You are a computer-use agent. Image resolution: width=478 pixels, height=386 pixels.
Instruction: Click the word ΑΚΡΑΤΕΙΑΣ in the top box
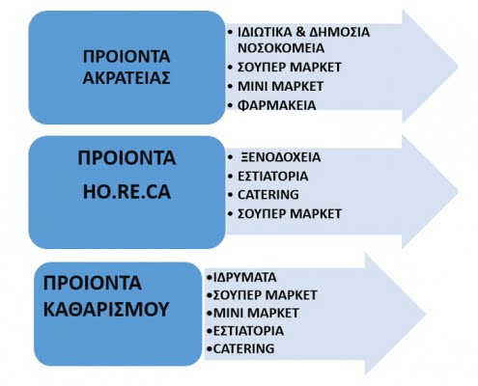point(127,77)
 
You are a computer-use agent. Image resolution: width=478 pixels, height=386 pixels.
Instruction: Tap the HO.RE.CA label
point(127,192)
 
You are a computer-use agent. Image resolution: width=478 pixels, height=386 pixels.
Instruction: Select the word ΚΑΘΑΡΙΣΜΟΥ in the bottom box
point(106,309)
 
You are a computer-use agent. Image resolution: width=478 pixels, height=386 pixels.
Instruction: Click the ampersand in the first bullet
point(300,32)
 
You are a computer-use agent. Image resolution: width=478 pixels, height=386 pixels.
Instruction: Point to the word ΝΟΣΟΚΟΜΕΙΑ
point(281,48)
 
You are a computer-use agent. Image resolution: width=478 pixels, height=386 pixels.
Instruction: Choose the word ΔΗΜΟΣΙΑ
point(339,32)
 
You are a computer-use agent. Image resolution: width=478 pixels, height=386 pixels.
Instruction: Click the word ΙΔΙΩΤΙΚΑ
point(265,32)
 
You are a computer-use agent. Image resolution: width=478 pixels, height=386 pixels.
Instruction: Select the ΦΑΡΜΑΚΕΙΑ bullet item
point(276,105)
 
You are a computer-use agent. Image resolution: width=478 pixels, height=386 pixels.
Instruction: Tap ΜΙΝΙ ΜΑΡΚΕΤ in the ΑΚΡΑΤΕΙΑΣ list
point(280,86)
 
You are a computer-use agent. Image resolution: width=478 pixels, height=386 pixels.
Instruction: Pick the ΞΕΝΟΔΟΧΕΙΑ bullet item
point(281,157)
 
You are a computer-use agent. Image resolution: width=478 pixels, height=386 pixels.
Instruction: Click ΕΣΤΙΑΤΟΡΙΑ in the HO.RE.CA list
point(272,177)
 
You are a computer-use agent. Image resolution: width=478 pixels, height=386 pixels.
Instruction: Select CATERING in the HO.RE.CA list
point(268,195)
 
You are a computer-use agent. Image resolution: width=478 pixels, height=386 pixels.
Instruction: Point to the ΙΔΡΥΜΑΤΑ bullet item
point(245,277)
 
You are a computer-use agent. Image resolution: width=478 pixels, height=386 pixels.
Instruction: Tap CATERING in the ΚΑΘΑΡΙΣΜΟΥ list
point(244,348)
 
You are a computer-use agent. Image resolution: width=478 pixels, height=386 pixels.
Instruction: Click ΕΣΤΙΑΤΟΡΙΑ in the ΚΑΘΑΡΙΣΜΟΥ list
point(248,331)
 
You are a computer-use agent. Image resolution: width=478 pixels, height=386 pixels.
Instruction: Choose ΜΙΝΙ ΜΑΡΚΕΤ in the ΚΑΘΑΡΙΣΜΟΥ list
point(256,313)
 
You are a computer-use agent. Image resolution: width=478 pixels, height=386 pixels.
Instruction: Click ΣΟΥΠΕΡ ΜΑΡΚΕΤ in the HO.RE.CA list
point(290,214)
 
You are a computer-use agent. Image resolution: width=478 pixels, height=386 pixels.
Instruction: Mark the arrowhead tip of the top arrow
point(458,67)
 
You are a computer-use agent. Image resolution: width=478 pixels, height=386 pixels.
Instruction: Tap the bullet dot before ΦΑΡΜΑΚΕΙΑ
point(230,105)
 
